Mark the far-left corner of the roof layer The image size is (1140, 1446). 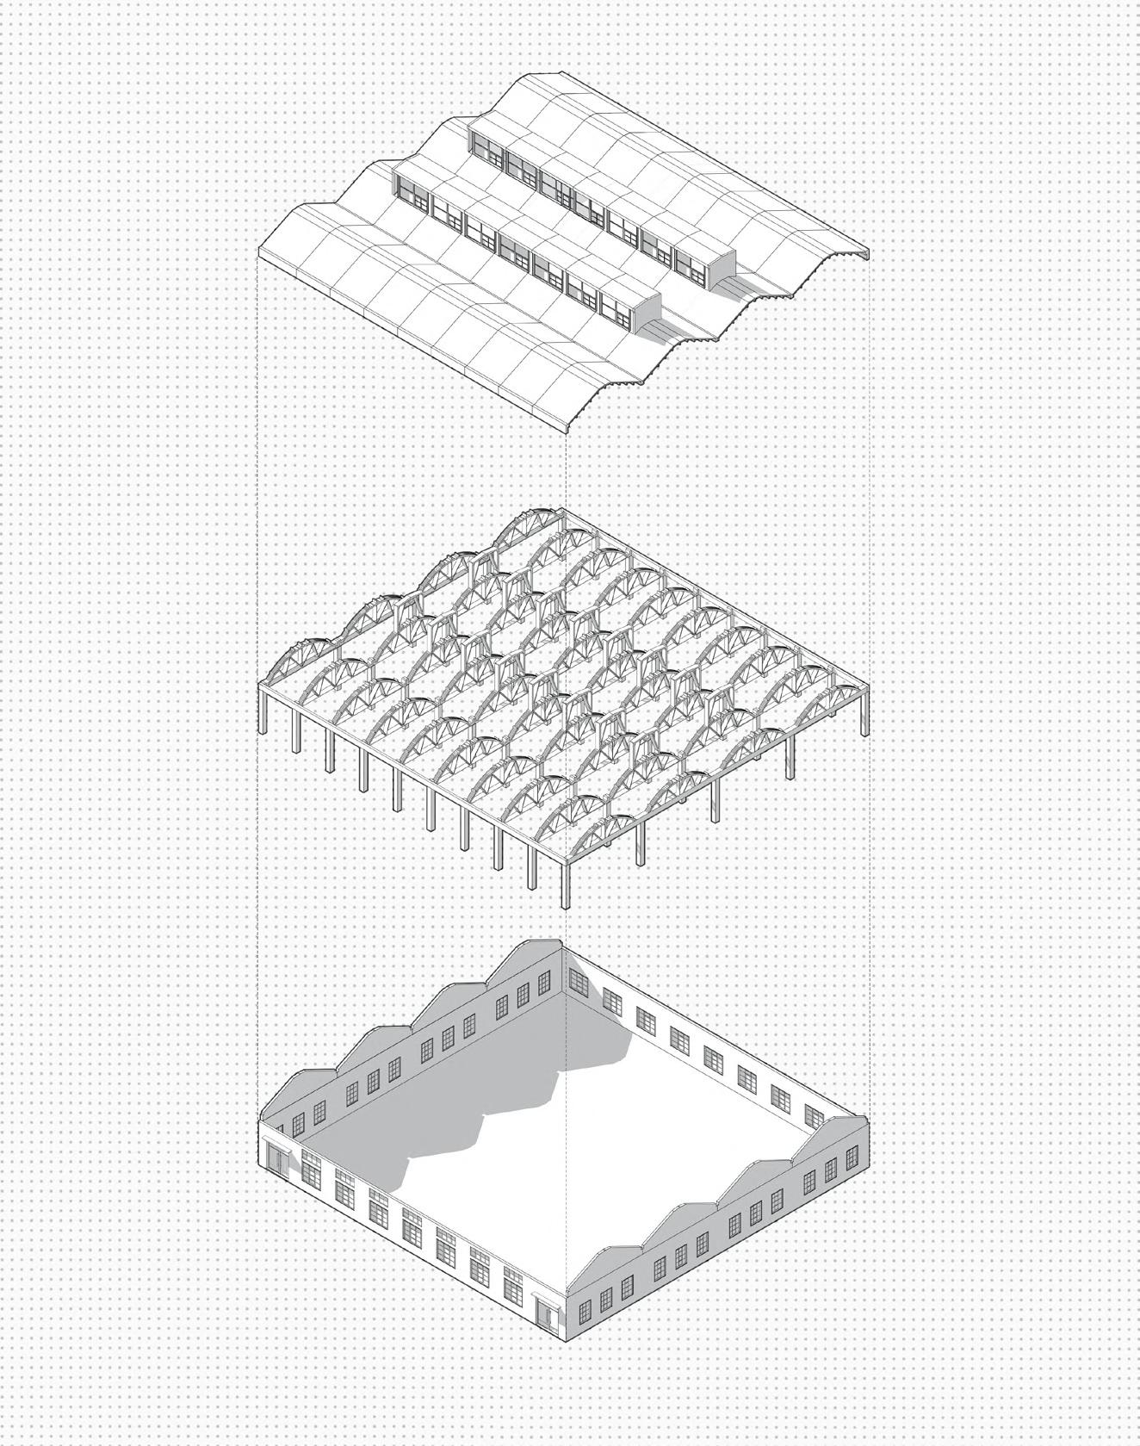coord(260,251)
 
